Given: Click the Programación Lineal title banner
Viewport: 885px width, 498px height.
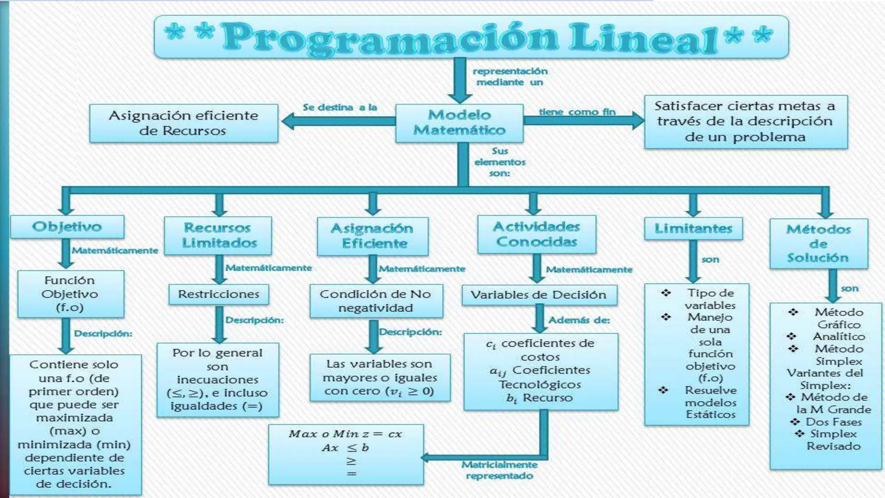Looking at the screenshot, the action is tap(471, 37).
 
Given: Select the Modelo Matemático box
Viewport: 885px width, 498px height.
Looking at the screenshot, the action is tap(459, 123).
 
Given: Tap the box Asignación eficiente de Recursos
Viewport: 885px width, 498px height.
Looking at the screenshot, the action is tap(183, 123).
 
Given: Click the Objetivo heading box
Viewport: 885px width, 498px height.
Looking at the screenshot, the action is tap(67, 227).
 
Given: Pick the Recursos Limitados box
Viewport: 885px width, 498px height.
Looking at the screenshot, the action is tap(218, 235).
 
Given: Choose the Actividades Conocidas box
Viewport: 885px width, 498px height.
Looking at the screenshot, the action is tap(536, 234).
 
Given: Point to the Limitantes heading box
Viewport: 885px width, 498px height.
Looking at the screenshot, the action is tap(693, 228).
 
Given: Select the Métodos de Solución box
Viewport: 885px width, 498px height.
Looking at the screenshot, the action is tap(818, 243).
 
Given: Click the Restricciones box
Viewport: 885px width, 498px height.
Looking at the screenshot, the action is tap(218, 294).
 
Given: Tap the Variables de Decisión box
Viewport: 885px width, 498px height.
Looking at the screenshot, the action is tap(538, 295).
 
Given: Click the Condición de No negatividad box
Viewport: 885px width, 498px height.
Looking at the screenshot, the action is tap(376, 301).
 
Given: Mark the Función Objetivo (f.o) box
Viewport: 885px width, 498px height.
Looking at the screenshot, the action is tap(70, 294).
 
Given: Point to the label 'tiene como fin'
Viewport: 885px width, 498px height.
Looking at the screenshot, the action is tap(576, 112).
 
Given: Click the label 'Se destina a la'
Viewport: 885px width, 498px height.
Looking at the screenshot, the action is tap(340, 107).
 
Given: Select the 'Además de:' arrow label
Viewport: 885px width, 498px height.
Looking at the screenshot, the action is tap(579, 320).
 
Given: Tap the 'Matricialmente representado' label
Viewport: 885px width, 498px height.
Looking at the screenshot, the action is tap(500, 470).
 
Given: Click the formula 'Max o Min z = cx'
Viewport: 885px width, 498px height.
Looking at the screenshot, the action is tap(345, 434).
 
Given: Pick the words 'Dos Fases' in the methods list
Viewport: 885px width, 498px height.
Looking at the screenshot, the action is tap(834, 422).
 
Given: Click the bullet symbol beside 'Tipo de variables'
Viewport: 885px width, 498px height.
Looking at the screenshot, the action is tap(665, 293).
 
